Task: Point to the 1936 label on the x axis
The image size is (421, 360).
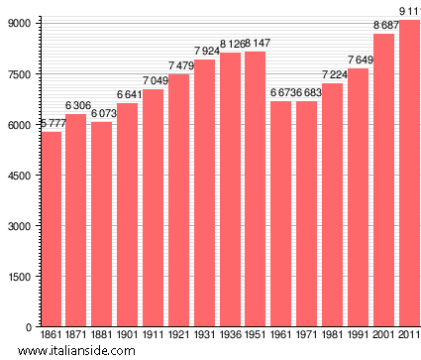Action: point(230,336)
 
